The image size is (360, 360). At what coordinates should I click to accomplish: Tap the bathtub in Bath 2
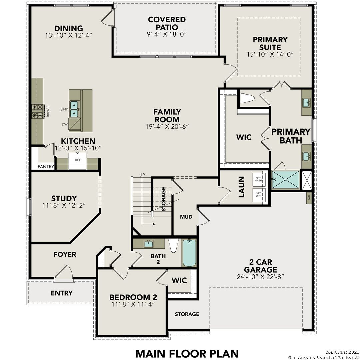(189, 253)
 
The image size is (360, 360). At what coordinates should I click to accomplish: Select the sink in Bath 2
(149, 243)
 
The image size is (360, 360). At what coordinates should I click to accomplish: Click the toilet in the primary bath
(247, 98)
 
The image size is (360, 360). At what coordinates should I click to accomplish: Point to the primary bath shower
(285, 180)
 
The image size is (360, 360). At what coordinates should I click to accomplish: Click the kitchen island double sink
(74, 109)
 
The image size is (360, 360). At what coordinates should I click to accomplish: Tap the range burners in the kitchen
(38, 111)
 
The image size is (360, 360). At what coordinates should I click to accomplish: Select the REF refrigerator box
(78, 160)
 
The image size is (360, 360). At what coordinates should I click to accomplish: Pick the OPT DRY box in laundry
(259, 194)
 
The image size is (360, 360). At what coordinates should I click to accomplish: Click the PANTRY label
(46, 167)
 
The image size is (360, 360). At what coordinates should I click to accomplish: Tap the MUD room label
(186, 217)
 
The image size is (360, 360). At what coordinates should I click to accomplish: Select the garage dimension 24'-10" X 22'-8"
(260, 276)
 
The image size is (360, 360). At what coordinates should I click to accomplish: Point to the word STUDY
(64, 198)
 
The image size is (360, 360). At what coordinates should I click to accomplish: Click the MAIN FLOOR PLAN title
(187, 353)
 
